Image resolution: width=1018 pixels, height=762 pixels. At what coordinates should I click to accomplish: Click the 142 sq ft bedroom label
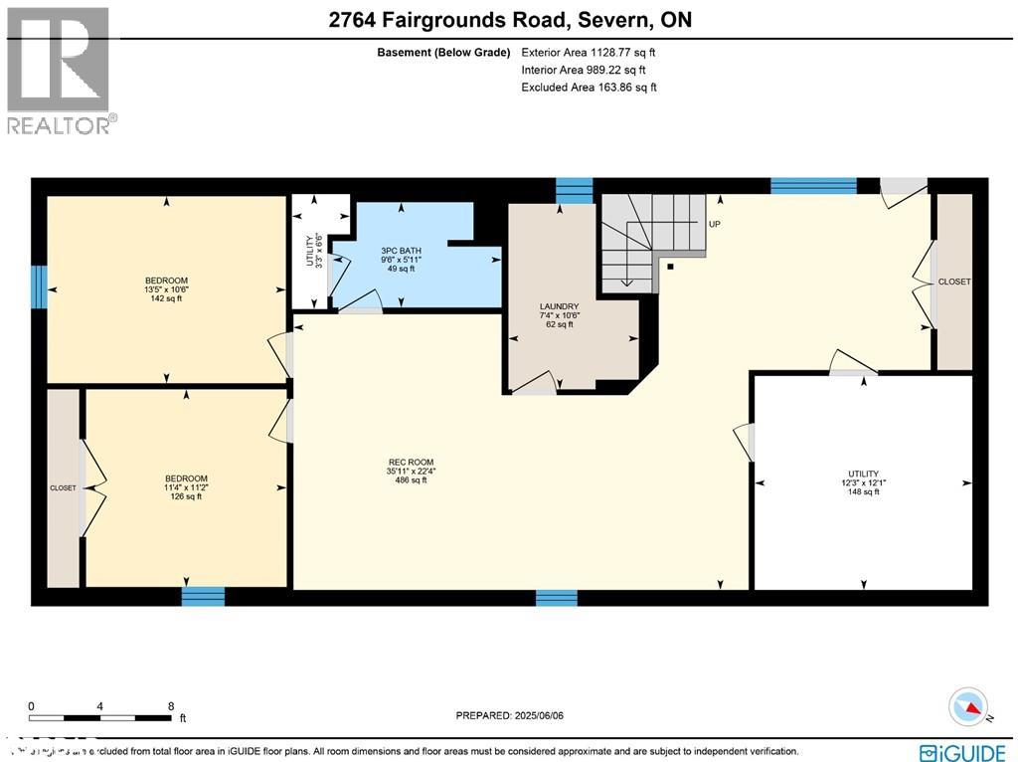coord(166,289)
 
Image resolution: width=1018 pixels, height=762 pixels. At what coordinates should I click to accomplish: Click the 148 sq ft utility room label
coord(863,482)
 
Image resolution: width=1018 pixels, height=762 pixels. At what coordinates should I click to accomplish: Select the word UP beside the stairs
coord(714,225)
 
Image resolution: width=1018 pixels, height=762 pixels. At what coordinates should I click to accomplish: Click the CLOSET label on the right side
coord(953,283)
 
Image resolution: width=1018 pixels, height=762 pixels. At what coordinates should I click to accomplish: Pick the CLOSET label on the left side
coord(63,488)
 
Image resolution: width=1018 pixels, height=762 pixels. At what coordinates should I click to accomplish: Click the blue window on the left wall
coord(38,286)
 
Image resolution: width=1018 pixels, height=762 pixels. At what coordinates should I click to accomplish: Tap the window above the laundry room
coord(574,189)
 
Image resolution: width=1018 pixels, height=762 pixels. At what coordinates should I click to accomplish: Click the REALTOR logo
coord(60,70)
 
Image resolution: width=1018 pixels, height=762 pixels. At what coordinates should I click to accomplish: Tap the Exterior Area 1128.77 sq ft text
coord(589,52)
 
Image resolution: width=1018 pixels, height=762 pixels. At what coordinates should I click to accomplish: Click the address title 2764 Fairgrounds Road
coord(509,20)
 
